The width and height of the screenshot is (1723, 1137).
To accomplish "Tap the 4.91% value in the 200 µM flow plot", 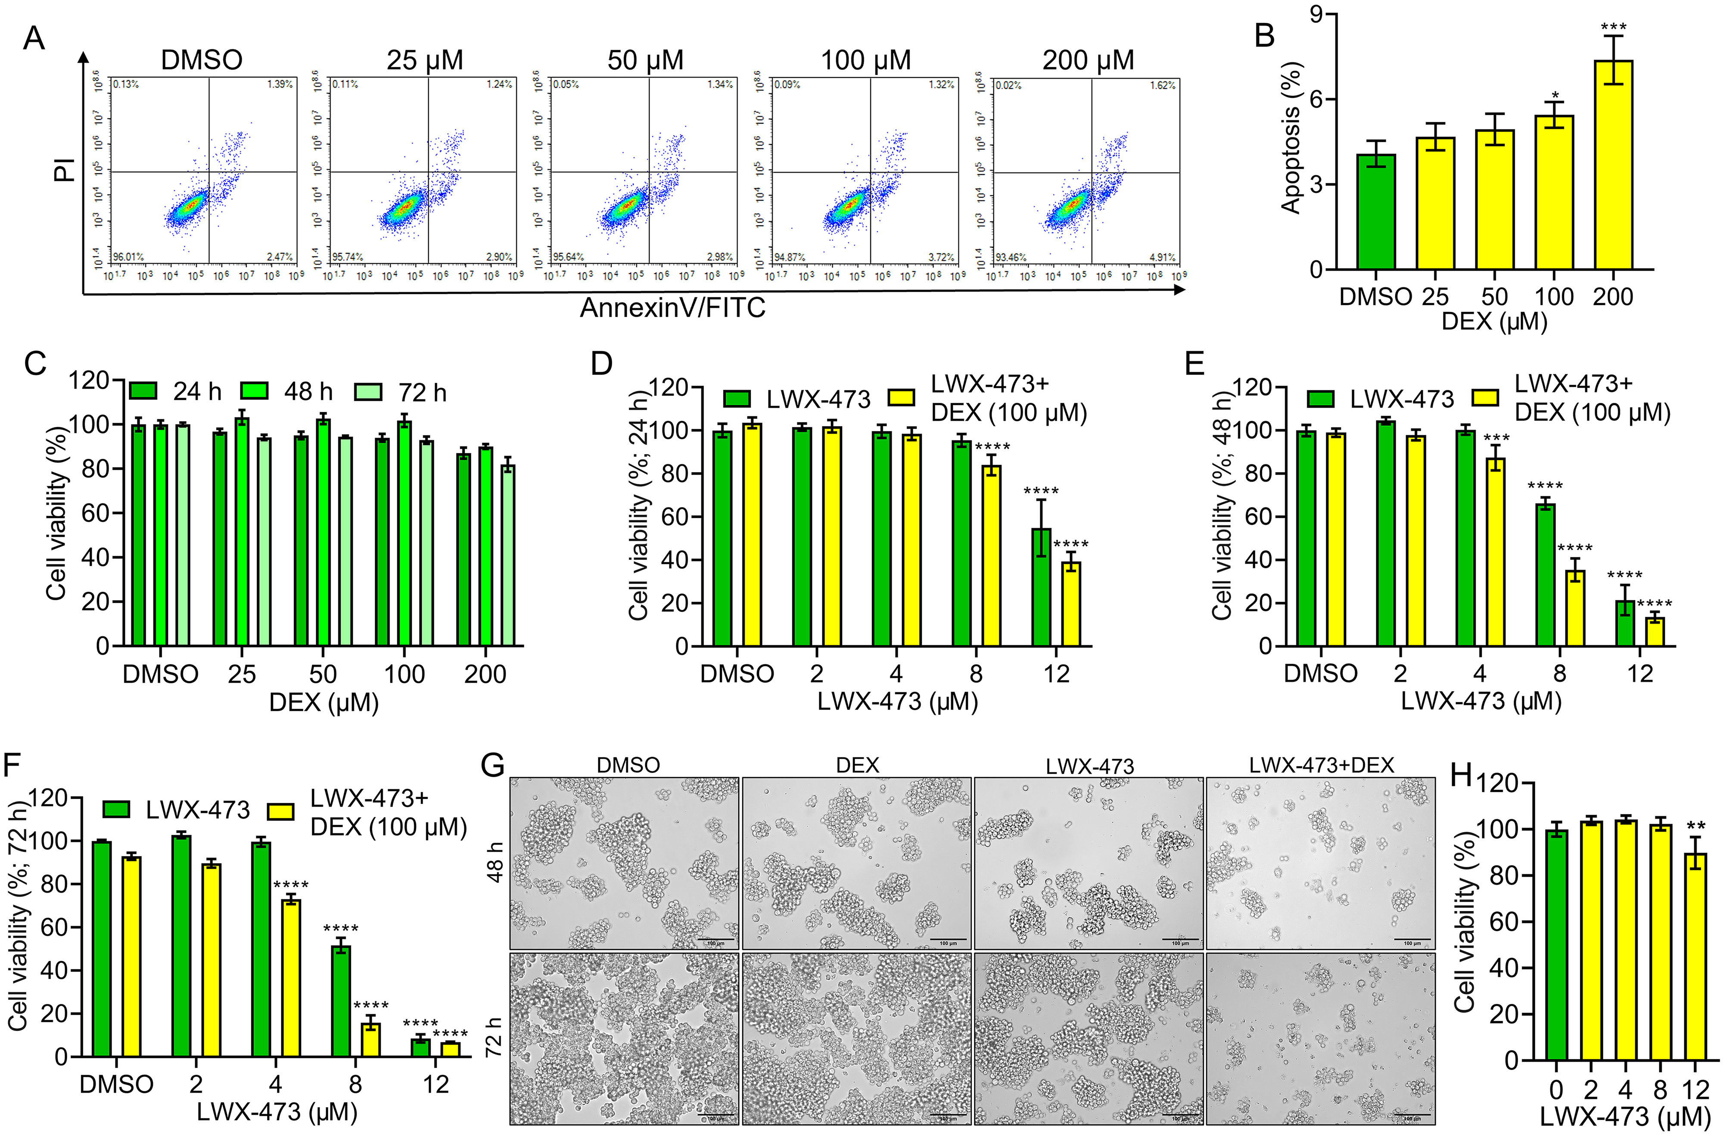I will tap(1162, 257).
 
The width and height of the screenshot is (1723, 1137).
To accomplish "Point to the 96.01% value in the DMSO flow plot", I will tap(128, 257).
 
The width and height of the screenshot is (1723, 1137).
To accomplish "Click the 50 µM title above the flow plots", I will tap(645, 60).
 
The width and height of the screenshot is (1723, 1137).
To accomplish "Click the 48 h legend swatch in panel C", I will tap(255, 392).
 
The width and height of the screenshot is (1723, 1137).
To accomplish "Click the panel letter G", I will tap(493, 766).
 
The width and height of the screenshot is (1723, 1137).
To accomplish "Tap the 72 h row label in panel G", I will tap(495, 1037).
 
